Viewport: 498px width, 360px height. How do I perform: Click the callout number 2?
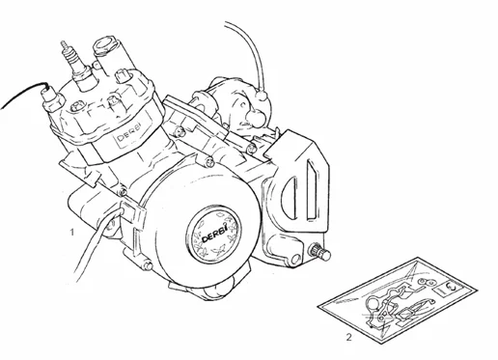[348, 338]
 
